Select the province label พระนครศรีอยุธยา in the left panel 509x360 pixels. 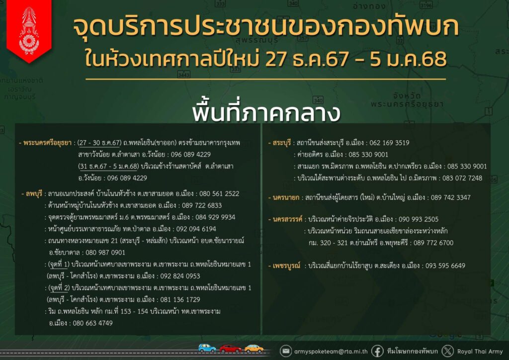pyautogui.click(x=47, y=143)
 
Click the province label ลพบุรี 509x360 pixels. pyautogui.click(x=34, y=194)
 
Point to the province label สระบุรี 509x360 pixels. pyautogui.click(x=281, y=143)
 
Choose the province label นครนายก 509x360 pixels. pyautogui.click(x=286, y=197)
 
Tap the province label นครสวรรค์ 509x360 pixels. pyautogui.click(x=287, y=219)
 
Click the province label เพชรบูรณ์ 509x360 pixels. pyautogui.click(x=286, y=266)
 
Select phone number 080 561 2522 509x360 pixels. pyautogui.click(x=219, y=194)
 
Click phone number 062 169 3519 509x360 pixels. pyautogui.click(x=389, y=143)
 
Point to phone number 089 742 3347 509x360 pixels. pyautogui.click(x=450, y=197)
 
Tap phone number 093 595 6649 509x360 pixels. pyautogui.click(x=445, y=266)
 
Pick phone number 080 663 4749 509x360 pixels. pyautogui.click(x=92, y=323)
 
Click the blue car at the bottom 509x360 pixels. pyautogui.click(x=207, y=348)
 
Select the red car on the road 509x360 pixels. pyautogui.click(x=230, y=349)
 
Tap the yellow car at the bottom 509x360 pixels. pyautogui.click(x=254, y=349)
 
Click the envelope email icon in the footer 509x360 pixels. pyautogui.click(x=286, y=351)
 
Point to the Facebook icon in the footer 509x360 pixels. pyautogui.click(x=377, y=351)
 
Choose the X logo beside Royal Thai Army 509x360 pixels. pyautogui.click(x=448, y=351)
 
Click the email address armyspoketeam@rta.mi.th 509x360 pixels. pyautogui.click(x=331, y=352)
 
